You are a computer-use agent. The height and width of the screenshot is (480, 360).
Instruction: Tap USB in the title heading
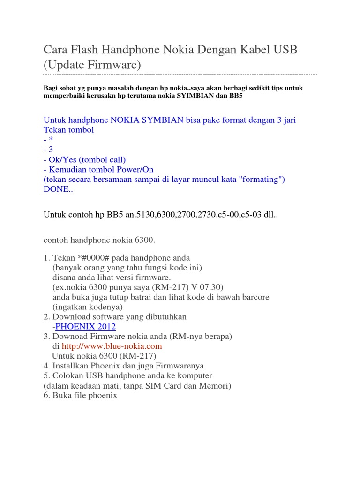[284, 50]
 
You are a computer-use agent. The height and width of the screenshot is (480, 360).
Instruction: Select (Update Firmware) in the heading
[92, 65]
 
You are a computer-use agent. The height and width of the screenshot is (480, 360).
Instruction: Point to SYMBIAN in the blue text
[160, 120]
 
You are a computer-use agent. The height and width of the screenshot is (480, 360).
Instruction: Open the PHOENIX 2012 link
[85, 327]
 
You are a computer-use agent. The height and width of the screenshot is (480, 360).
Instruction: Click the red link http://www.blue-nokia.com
[112, 346]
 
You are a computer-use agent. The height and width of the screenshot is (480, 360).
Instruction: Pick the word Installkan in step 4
[71, 366]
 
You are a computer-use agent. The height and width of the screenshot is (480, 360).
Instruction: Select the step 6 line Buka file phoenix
[80, 396]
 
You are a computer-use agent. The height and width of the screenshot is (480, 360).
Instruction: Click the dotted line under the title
[180, 74]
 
